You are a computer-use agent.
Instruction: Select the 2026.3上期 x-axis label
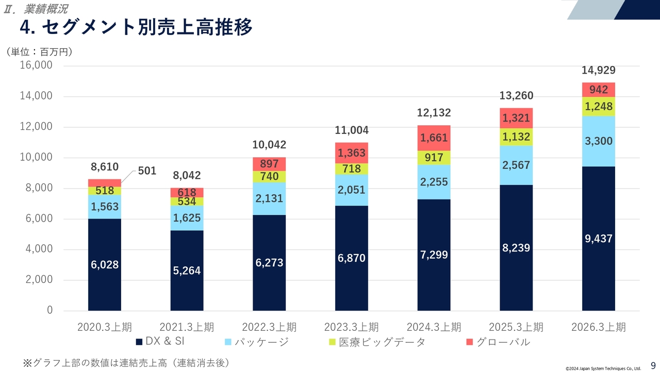click(x=598, y=327)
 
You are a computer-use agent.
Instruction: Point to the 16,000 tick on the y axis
click(x=36, y=65)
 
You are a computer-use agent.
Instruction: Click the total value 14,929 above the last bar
click(x=598, y=71)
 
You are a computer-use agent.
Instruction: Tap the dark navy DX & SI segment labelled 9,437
click(x=598, y=239)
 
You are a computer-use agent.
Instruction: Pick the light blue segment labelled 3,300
click(x=598, y=141)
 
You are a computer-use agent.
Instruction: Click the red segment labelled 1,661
click(x=434, y=138)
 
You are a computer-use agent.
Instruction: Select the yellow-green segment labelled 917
click(x=434, y=158)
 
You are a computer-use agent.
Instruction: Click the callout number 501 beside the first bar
click(x=147, y=171)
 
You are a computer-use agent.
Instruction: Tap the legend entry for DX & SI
click(x=160, y=342)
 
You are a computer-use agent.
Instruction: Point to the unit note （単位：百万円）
click(x=39, y=52)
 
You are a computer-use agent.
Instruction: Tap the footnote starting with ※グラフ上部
click(x=126, y=363)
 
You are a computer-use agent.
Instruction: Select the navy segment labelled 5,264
click(x=187, y=271)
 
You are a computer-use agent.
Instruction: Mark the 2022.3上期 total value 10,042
click(x=269, y=145)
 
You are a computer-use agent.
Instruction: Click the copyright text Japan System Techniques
click(x=603, y=368)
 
